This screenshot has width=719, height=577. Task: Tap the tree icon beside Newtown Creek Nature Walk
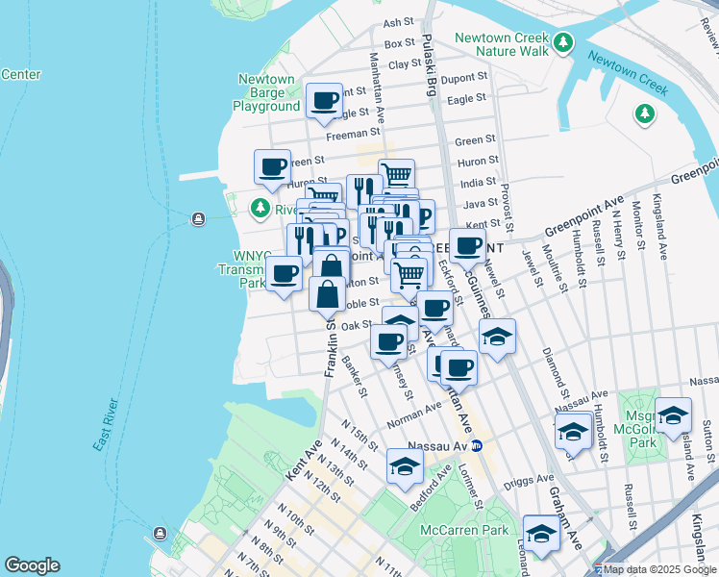pos(563,44)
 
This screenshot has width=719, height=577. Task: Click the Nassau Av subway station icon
pos(489,445)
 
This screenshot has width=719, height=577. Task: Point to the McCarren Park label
pos(463,530)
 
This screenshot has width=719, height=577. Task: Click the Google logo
pos(32,565)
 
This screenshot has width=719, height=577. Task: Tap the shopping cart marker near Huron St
pos(396,174)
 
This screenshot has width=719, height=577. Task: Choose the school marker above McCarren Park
pos(406,465)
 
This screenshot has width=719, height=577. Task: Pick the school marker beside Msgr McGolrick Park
pos(673,414)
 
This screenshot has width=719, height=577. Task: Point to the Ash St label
pos(397,22)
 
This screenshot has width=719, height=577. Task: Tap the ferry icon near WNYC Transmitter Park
pos(198,218)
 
